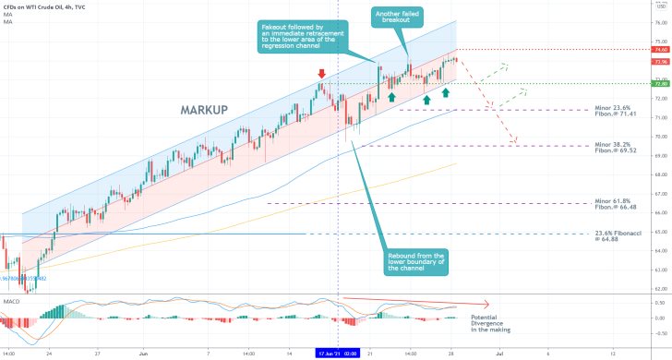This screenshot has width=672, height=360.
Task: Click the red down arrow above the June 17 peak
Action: tap(321, 72)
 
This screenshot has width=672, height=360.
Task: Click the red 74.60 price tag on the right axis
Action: tap(659, 49)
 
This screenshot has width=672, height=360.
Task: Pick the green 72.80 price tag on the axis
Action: tap(659, 84)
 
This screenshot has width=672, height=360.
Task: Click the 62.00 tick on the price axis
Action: tap(659, 289)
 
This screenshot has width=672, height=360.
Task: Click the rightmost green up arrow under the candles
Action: tap(446, 94)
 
